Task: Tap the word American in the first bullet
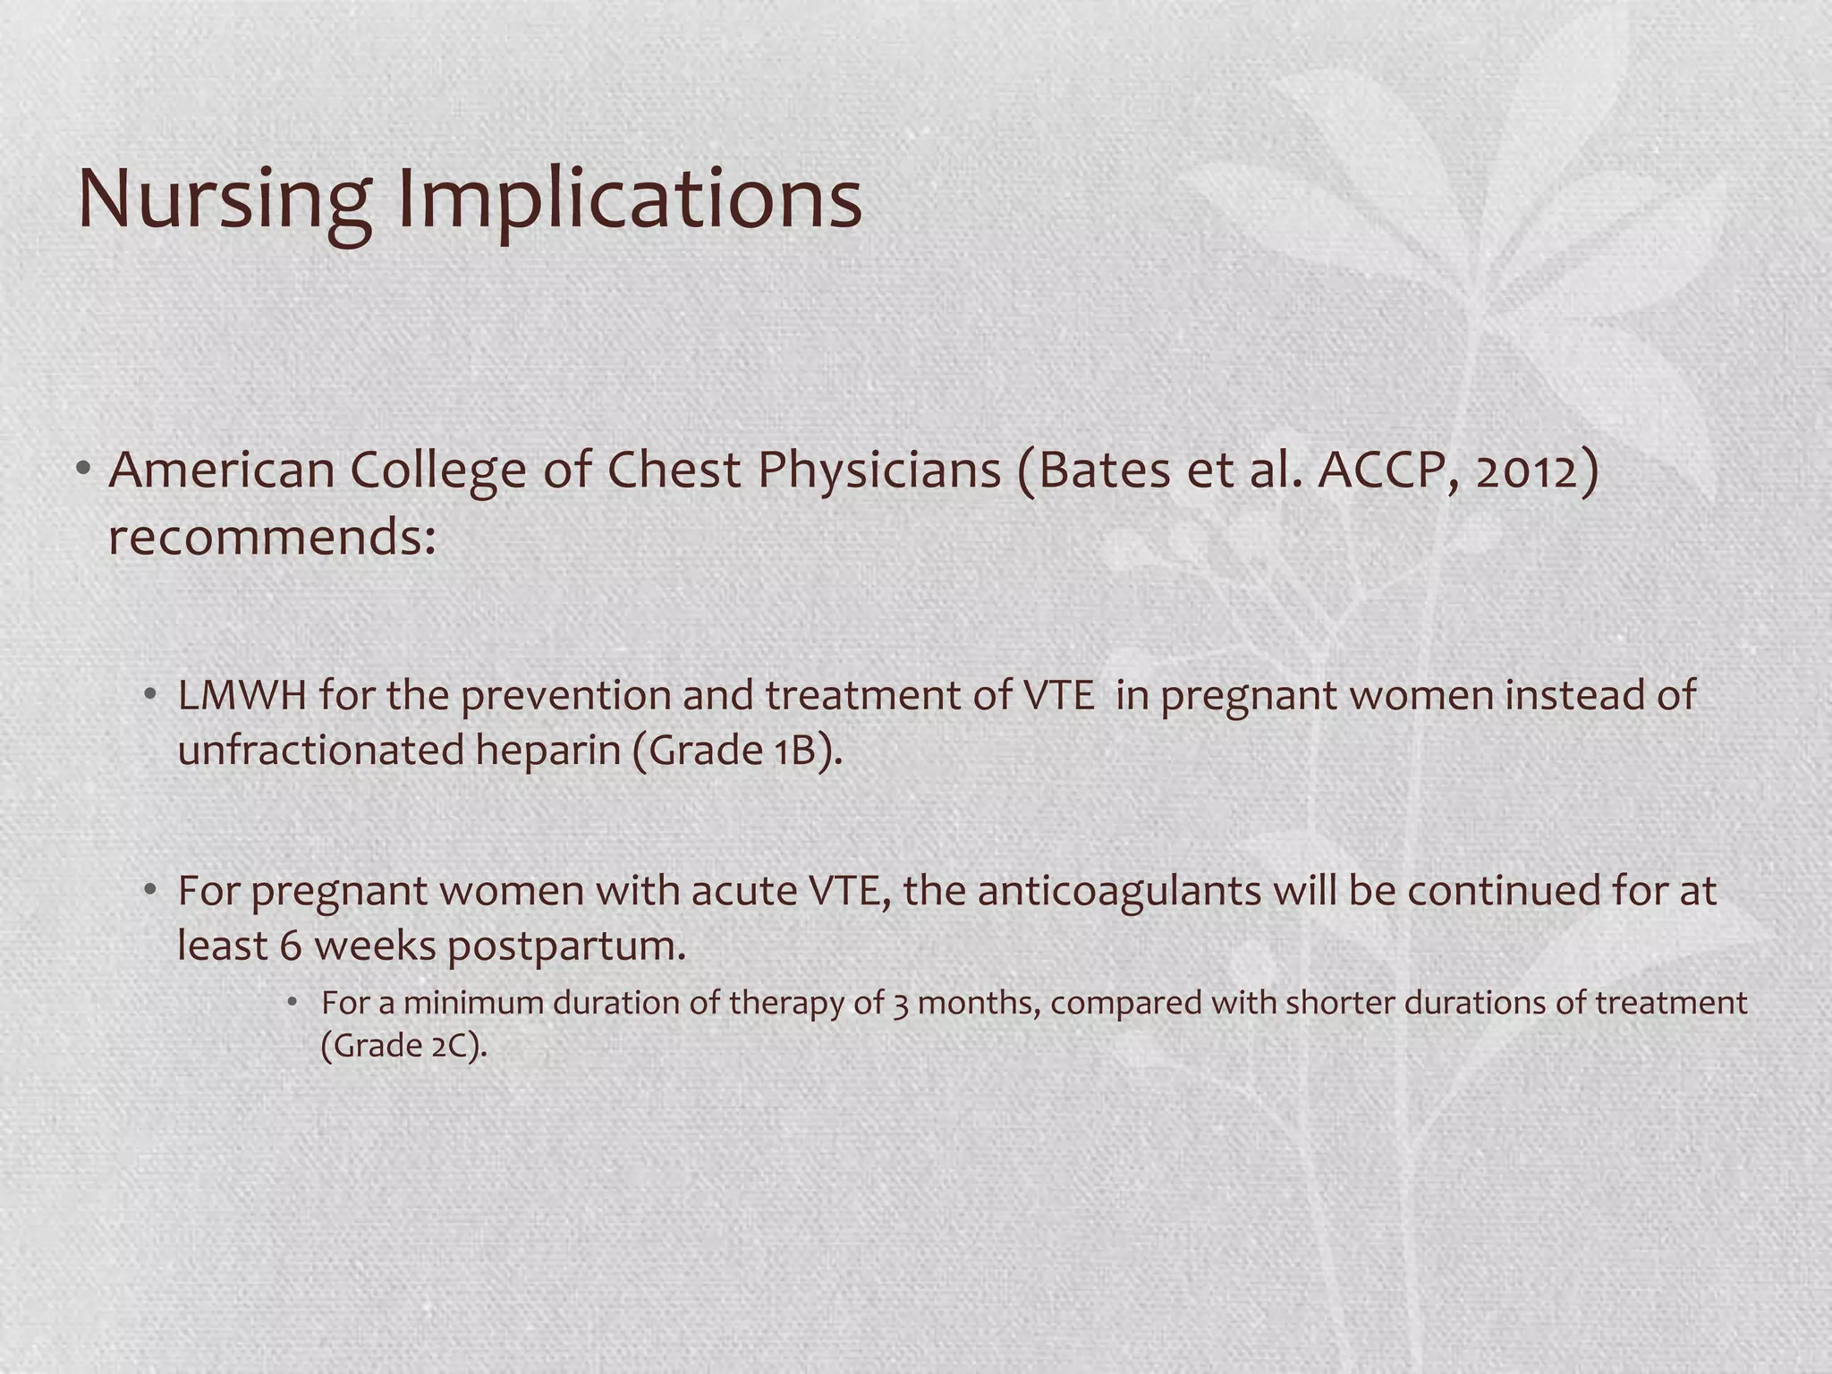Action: pyautogui.click(x=220, y=471)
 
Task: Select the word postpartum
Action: pyautogui.click(x=565, y=946)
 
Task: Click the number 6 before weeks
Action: pyautogui.click(x=291, y=946)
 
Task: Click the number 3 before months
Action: pyautogui.click(x=900, y=1004)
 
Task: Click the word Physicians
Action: pyautogui.click(x=879, y=471)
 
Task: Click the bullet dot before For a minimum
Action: pyautogui.click(x=292, y=1003)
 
